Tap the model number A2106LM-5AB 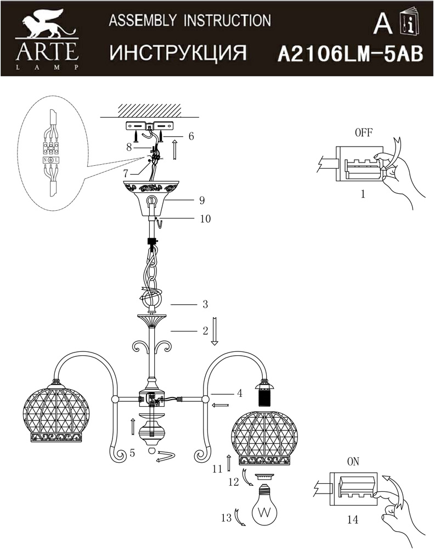pyautogui.click(x=351, y=55)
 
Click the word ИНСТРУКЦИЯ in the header pyautogui.click(x=178, y=53)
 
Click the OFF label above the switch pyautogui.click(x=364, y=133)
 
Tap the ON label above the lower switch pyautogui.click(x=353, y=462)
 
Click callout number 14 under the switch pyautogui.click(x=352, y=519)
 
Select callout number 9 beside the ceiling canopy pyautogui.click(x=202, y=200)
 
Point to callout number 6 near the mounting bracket pyautogui.click(x=191, y=136)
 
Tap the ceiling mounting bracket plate pyautogui.click(x=149, y=126)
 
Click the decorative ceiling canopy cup pyautogui.click(x=151, y=198)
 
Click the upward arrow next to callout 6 pyautogui.click(x=174, y=149)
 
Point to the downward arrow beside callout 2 pyautogui.click(x=215, y=331)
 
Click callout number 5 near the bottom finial pyautogui.click(x=132, y=453)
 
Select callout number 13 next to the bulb pyautogui.click(x=227, y=518)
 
